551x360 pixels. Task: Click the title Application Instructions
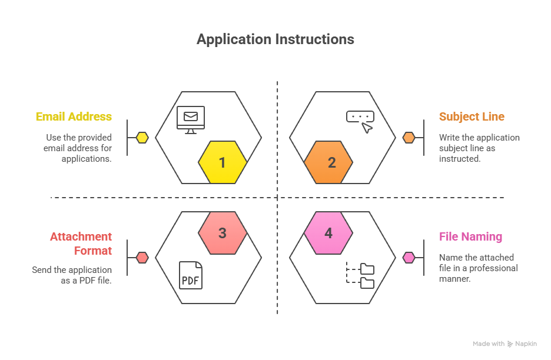point(275,39)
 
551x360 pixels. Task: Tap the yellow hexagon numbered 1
point(223,162)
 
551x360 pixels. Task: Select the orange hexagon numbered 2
point(328,162)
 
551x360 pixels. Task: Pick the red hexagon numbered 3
point(223,233)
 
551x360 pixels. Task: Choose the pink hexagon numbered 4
point(328,233)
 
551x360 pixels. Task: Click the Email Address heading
point(74,116)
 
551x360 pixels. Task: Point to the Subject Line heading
point(472,116)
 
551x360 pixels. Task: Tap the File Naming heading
point(470,236)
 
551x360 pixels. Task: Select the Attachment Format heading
point(81,244)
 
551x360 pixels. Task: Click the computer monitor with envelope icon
point(191,120)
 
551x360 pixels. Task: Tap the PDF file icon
point(191,275)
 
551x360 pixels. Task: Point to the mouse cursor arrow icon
point(367,128)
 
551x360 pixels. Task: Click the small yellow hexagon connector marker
point(142,138)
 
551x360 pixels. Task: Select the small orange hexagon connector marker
point(409,138)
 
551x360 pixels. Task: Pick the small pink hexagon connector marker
point(409,258)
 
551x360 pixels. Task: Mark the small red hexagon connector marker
point(142,258)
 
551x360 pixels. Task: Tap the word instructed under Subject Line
point(460,159)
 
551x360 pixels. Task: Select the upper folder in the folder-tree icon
point(367,269)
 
